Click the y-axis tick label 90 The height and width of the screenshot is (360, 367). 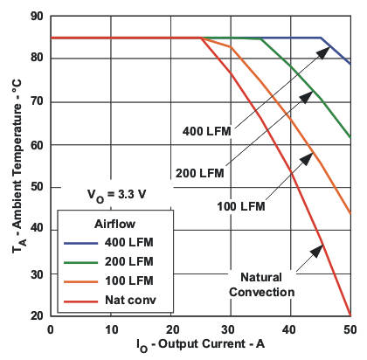tap(36, 16)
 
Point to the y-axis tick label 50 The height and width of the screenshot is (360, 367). tap(36, 187)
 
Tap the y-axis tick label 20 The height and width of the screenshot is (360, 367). tap(36, 315)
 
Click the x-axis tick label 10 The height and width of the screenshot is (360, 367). tap(110, 329)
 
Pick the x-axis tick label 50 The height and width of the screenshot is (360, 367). tap(350, 329)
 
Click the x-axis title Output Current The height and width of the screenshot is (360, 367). tap(200, 347)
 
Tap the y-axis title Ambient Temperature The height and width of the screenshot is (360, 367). tap(12, 166)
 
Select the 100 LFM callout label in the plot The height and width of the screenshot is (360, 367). tap(239, 207)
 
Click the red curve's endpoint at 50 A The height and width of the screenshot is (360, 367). tap(350, 315)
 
